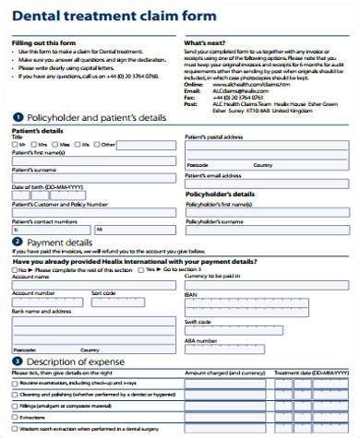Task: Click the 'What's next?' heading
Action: (207, 43)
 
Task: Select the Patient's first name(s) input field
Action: (93, 160)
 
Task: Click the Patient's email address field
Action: (268, 182)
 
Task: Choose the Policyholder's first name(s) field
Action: (268, 211)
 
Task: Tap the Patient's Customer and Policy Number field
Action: (93, 212)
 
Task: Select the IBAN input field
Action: (268, 303)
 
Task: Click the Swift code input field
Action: (268, 330)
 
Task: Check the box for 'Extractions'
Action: (15, 418)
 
